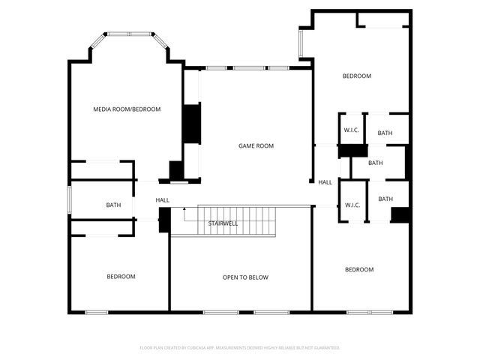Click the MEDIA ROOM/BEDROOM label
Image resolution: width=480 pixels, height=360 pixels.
[127, 109]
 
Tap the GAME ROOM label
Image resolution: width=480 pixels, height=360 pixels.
[256, 145]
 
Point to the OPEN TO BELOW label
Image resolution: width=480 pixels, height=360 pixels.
[245, 277]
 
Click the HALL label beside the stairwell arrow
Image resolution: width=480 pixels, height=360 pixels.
[163, 200]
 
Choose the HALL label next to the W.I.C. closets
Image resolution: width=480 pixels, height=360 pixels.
[325, 182]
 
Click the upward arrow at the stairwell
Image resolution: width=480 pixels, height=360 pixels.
[184, 213]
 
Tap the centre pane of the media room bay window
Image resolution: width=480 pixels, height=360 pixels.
[129, 34]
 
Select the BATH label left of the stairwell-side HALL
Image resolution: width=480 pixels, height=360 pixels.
[113, 205]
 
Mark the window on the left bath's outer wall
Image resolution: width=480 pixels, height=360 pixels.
[70, 199]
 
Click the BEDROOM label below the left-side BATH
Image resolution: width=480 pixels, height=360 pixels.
[121, 277]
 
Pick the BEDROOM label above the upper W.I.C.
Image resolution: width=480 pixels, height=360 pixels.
[357, 76]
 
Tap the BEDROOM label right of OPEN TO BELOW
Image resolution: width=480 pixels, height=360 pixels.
[359, 269]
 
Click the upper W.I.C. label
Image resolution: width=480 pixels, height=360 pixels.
[352, 130]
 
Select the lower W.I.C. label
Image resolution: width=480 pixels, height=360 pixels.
[352, 205]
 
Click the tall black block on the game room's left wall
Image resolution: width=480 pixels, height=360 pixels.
[193, 123]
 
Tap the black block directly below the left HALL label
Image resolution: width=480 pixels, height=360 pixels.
[163, 220]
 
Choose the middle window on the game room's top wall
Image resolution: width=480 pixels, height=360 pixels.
[247, 68]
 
